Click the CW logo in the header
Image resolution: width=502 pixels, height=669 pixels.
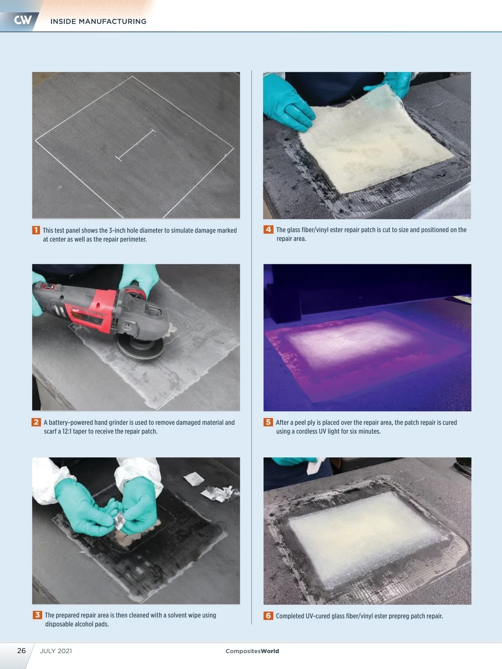23,20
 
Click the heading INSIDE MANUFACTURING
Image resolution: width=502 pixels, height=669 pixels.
98,21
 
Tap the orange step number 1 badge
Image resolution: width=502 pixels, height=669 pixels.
36,230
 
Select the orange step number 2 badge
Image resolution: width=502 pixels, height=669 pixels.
36,422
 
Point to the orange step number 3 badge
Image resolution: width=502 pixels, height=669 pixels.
37,615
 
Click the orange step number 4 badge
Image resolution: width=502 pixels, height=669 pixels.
268,229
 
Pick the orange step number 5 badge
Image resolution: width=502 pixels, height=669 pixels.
268,422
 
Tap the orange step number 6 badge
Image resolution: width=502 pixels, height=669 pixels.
268,615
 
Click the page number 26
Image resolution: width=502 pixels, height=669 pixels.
21,651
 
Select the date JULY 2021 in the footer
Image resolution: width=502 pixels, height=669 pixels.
56,651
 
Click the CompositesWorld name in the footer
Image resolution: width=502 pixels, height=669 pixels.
252,651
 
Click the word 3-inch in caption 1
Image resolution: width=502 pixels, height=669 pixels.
120,230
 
